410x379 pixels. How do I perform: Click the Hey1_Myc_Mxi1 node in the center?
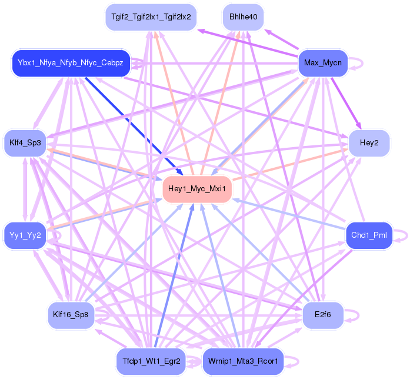[x=196, y=189]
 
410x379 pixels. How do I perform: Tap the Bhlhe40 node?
[x=242, y=16]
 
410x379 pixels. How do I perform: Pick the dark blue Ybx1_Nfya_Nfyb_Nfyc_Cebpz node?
[x=70, y=63]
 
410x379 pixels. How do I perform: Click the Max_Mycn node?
[x=322, y=62]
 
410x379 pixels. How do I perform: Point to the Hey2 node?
[x=369, y=143]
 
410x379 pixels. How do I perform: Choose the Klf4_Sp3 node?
[x=25, y=142]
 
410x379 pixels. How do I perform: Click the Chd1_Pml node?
[x=369, y=235]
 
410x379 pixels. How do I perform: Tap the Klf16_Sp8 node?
[x=70, y=314]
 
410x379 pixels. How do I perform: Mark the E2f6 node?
[x=323, y=314]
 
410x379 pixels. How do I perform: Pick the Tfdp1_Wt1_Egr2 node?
[x=151, y=360]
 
